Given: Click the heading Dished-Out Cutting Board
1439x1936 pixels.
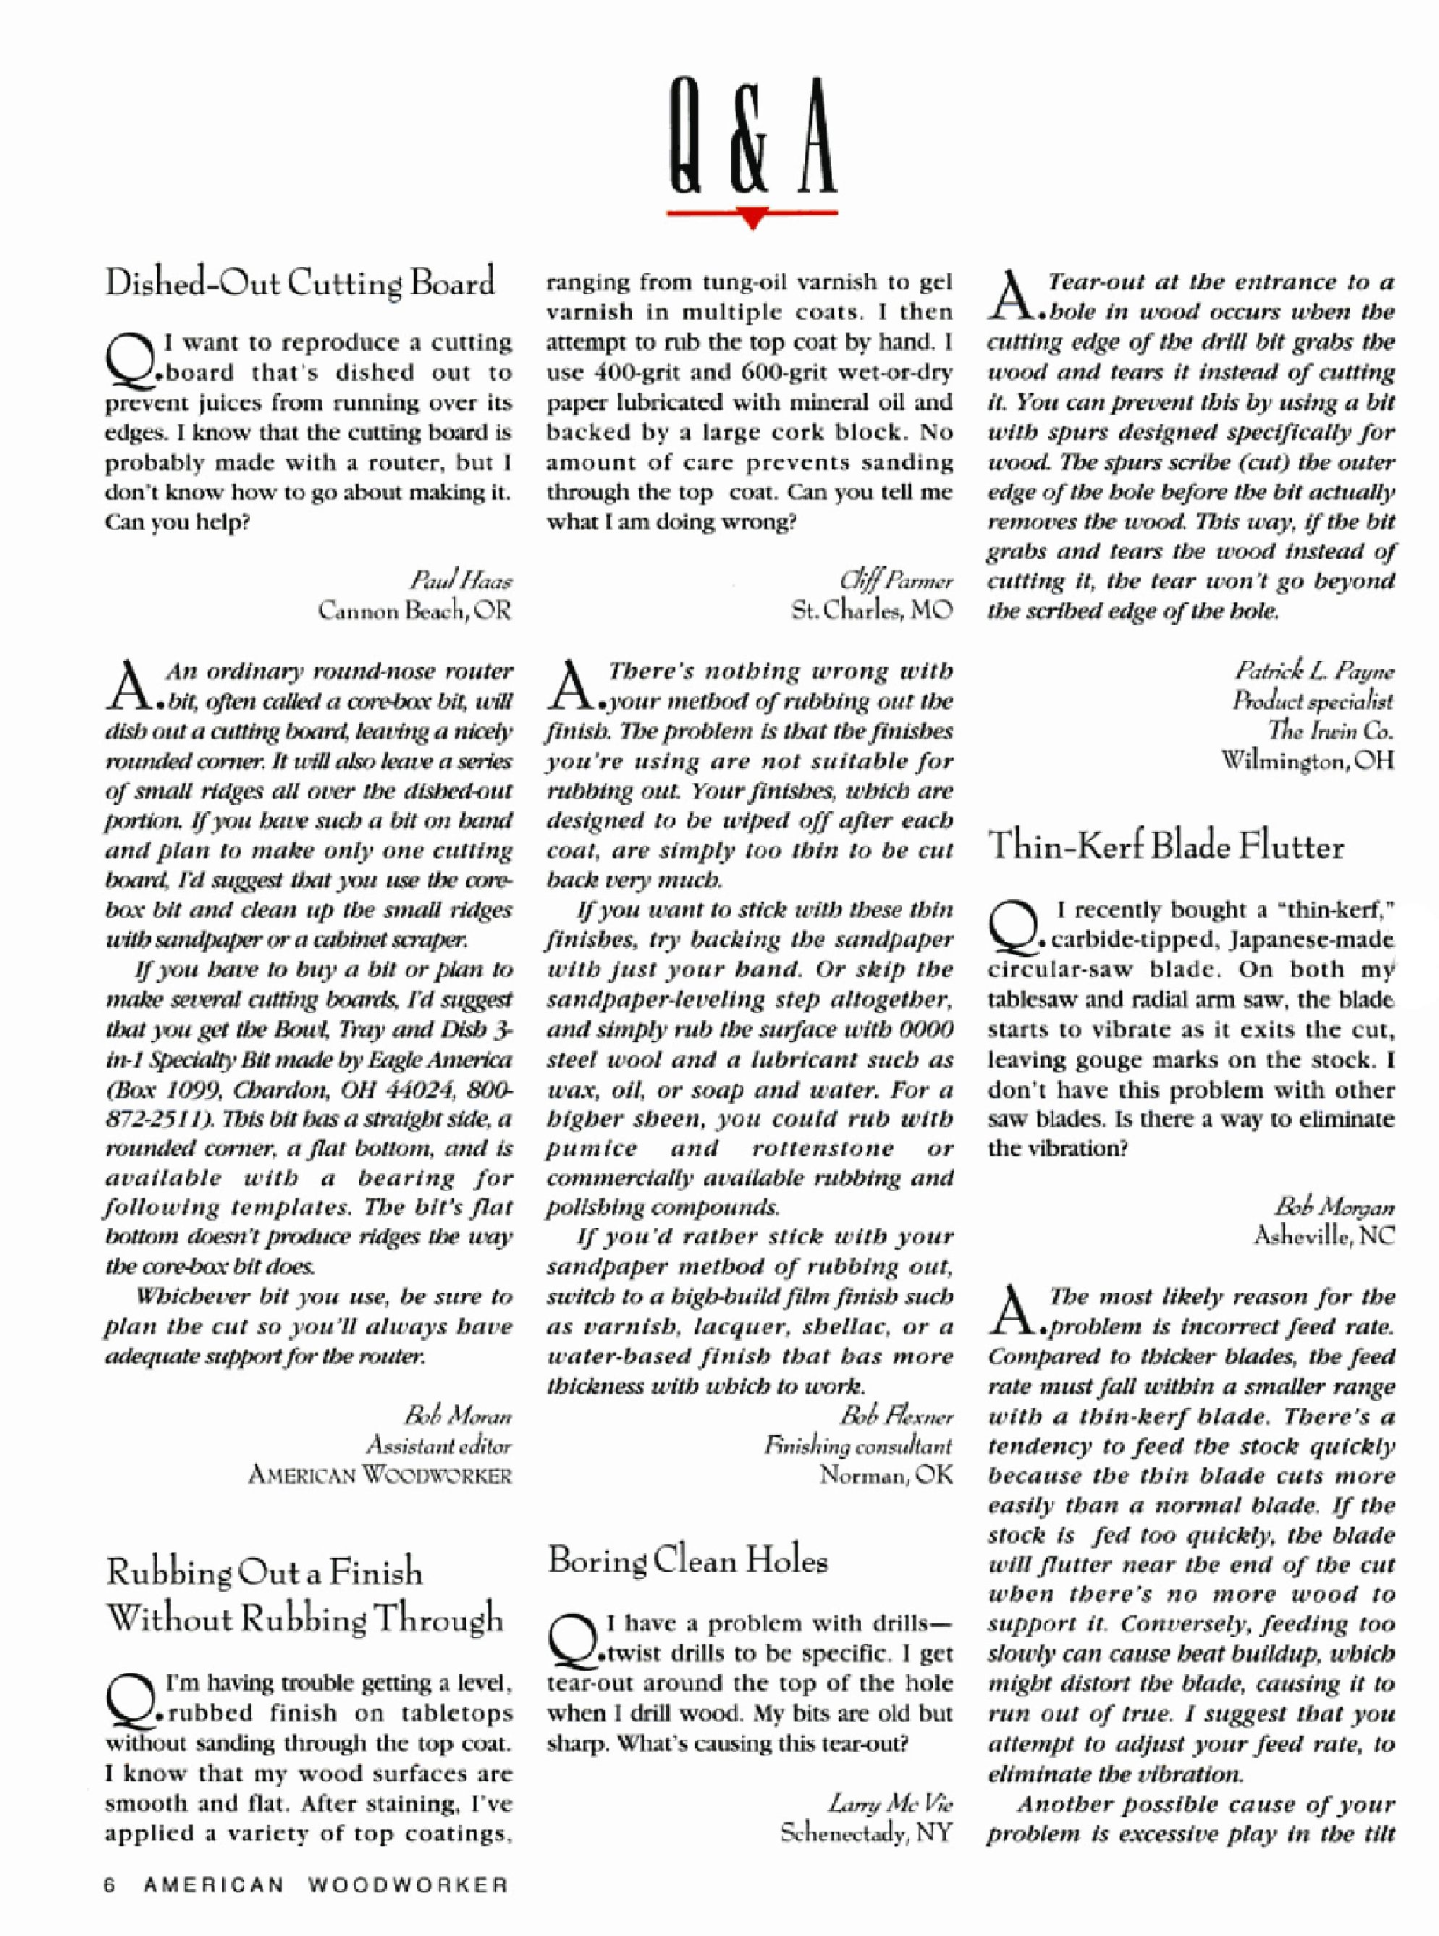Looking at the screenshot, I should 300,283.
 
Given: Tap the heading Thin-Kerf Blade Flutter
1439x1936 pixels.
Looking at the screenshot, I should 1165,846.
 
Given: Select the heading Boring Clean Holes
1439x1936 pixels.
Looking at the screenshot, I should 687,1560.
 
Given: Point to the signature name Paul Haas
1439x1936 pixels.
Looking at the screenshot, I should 461,580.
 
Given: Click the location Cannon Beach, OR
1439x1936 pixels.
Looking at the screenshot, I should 415,611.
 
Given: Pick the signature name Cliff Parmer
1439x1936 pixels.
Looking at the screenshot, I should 895,580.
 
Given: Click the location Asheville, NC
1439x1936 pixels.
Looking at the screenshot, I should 1324,1237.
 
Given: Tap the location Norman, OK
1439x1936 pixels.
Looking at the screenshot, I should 886,1476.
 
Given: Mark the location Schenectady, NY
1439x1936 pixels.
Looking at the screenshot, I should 866,1832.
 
